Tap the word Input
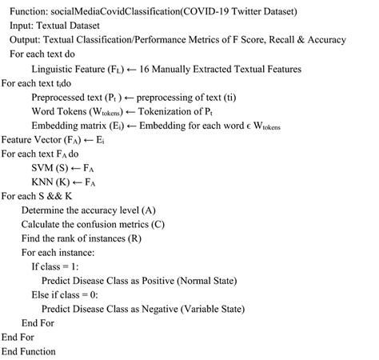click(23, 26)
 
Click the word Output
click(26, 40)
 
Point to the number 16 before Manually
click(166, 69)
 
